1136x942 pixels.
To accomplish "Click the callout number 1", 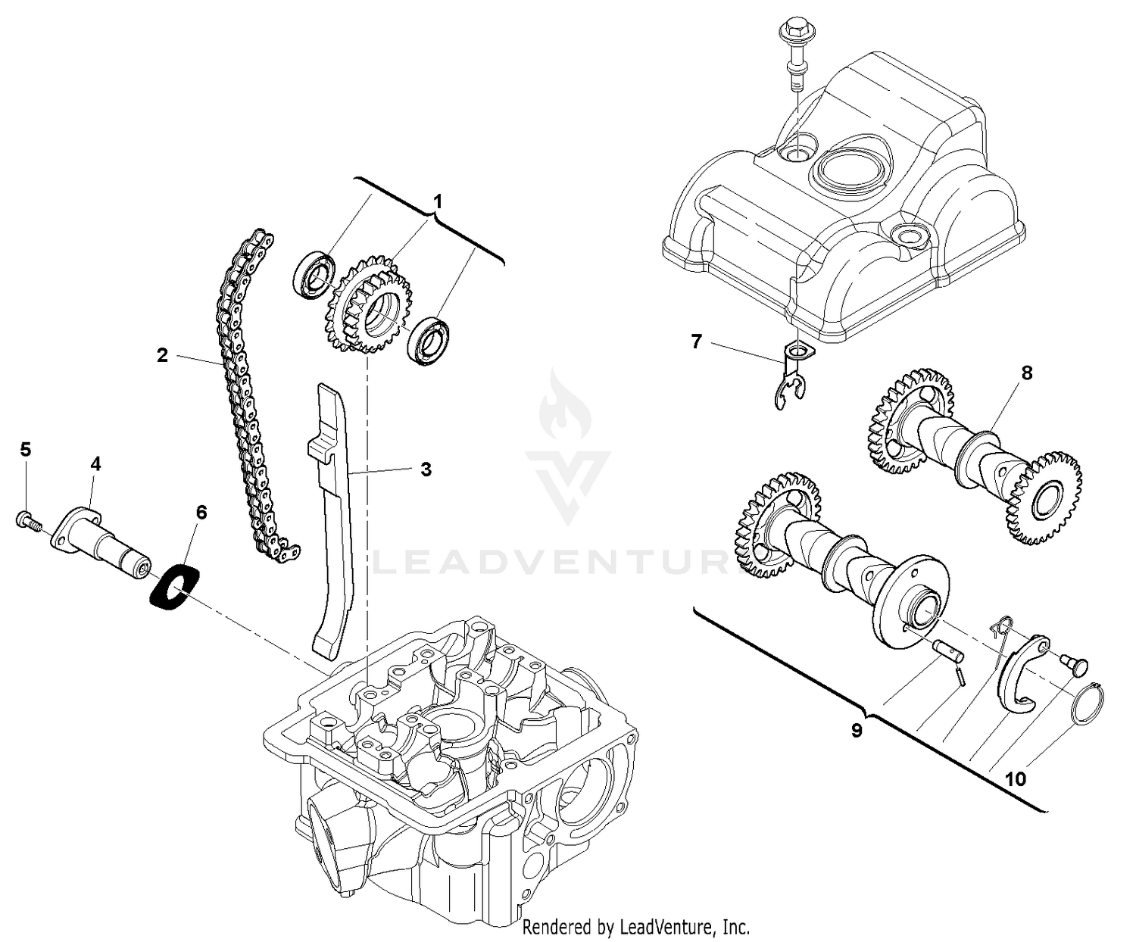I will pos(438,201).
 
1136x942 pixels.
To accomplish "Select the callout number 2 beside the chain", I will pos(162,355).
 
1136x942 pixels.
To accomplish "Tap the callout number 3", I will pos(426,469).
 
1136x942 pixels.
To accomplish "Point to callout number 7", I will pos(697,342).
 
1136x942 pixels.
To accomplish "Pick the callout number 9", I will pos(857,731).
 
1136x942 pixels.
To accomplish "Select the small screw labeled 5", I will pos(26,520).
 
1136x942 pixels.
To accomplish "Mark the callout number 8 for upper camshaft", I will pos(1026,373).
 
